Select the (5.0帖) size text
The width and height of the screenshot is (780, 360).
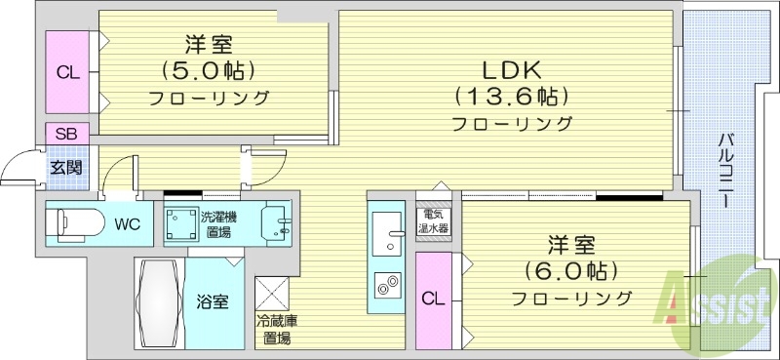(x=209, y=71)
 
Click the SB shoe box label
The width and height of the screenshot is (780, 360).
(x=66, y=135)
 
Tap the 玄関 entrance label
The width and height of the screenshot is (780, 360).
(x=66, y=167)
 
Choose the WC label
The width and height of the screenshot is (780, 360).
(x=127, y=224)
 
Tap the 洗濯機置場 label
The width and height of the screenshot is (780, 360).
(x=216, y=224)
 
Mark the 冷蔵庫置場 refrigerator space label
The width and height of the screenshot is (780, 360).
(x=276, y=330)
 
